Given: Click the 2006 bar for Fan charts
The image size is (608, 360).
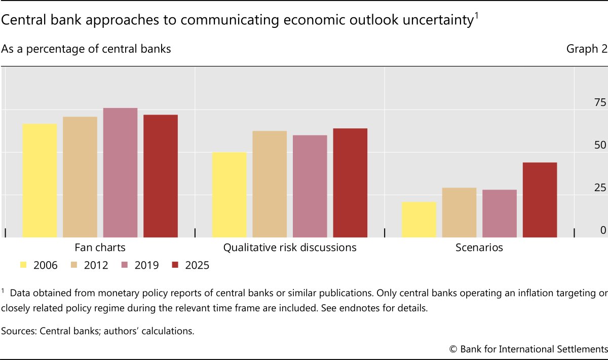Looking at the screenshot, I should [40, 181].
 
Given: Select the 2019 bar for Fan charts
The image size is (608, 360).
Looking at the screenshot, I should [120, 172].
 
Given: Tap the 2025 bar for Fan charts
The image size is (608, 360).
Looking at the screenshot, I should [161, 176].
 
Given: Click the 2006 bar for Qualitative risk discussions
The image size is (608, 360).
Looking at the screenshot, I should [229, 195].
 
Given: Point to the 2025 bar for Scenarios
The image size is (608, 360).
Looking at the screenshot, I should [540, 200].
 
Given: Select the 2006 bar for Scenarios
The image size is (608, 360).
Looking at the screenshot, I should [419, 220].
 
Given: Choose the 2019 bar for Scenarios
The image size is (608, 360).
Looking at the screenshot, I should [500, 213].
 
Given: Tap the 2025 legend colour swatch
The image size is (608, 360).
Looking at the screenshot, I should [175, 265].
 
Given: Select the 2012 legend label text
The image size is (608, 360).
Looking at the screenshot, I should [96, 265].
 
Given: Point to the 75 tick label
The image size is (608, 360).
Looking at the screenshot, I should [599, 102].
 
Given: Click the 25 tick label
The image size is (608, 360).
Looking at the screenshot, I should [599, 188].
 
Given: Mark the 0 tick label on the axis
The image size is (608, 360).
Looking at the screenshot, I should [603, 230].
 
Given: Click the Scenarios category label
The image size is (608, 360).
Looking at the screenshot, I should [479, 248].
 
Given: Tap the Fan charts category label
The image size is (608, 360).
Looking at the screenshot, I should [100, 248].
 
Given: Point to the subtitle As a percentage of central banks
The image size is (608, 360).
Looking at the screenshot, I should [86, 49].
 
